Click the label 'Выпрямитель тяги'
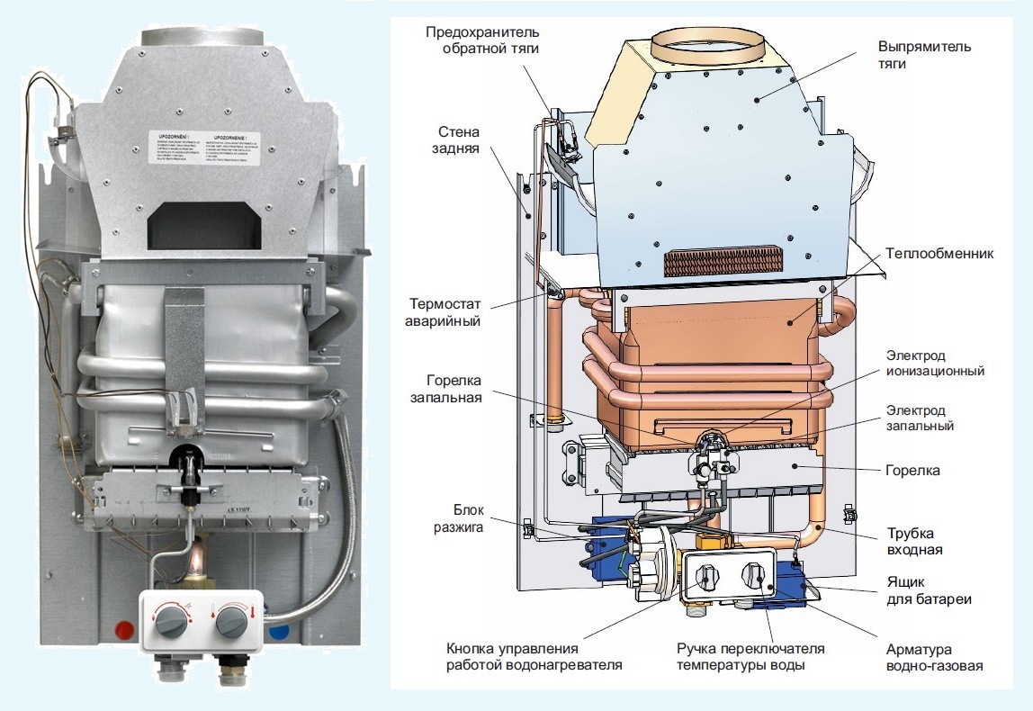click(x=925, y=56)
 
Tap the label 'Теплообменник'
click(x=940, y=254)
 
